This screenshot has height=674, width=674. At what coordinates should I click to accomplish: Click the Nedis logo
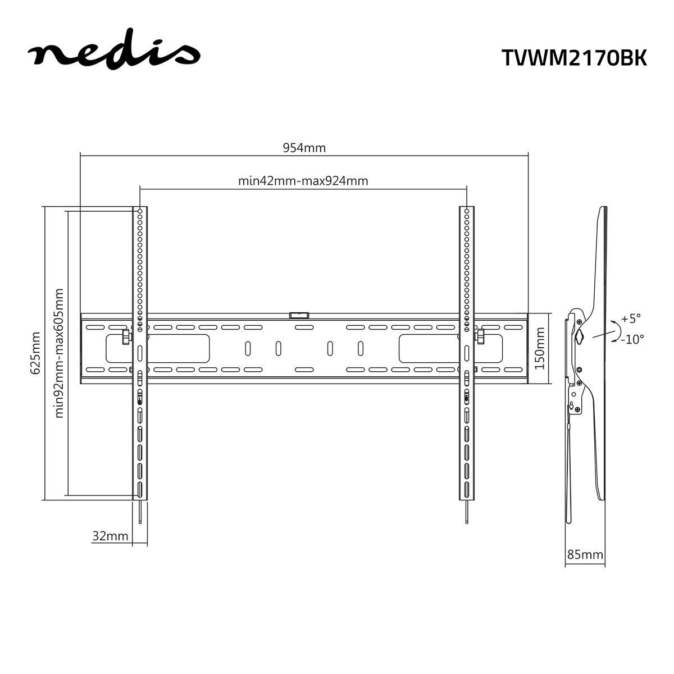coord(114,49)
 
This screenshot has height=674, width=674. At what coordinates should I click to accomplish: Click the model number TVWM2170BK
coord(574,57)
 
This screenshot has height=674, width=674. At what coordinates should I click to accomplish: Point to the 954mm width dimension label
coord(304,148)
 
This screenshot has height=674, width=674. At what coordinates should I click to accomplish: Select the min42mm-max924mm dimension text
coord(303,181)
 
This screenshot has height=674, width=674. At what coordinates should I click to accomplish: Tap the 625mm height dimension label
coord(35,353)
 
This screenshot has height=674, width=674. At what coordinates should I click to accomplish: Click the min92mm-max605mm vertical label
coord(59,353)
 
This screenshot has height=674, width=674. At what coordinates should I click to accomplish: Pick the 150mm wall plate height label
coord(540,348)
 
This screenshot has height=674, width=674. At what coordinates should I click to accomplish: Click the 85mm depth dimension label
coord(585,554)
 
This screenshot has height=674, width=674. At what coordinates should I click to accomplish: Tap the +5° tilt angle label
coord(631,318)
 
